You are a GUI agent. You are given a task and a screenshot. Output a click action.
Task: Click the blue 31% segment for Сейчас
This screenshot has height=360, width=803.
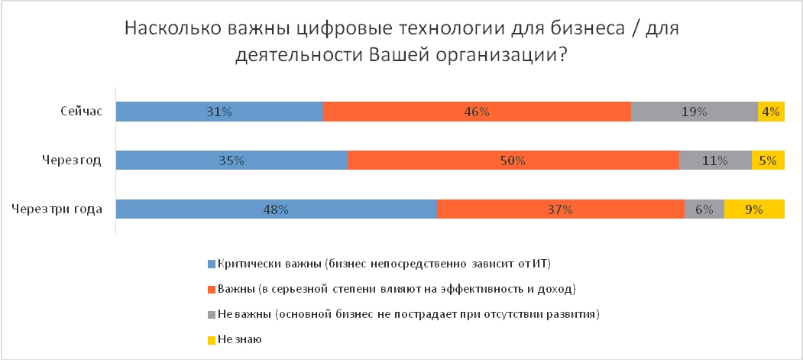[219, 112]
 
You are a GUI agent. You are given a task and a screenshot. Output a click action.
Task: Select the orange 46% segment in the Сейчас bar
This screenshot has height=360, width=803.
[477, 112]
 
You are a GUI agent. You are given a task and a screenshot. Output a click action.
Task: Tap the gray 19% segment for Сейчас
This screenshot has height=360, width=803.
[694, 112]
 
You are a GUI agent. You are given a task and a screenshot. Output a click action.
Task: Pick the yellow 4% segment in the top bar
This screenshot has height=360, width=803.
[771, 112]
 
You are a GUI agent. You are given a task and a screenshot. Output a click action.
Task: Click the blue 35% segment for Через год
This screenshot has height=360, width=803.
[232, 161]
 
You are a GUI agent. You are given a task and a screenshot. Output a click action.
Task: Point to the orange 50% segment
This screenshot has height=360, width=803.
[513, 161]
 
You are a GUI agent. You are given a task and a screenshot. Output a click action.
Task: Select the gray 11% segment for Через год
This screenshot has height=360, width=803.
[715, 161]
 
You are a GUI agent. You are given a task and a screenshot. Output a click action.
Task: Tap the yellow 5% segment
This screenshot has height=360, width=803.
[768, 161]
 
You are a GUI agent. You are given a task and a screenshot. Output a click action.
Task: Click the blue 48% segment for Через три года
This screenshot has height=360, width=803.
[276, 209]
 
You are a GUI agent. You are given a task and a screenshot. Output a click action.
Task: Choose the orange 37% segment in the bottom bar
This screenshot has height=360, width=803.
[560, 209]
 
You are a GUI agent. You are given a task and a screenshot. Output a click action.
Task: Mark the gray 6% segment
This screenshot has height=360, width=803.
[704, 209]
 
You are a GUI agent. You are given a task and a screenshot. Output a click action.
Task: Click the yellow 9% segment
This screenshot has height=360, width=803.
[754, 209]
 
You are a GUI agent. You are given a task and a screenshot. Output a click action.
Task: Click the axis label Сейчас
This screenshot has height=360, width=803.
[82, 112]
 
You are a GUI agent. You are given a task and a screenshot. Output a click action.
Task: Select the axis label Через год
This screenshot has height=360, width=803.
[73, 161]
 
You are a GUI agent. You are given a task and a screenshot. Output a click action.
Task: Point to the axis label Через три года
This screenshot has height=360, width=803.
[58, 209]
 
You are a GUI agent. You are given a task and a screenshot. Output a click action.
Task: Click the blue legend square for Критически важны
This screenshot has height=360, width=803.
[212, 264]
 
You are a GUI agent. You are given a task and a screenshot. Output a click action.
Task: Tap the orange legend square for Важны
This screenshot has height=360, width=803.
[212, 290]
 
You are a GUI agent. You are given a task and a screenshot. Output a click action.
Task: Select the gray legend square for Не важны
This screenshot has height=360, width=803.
[212, 314]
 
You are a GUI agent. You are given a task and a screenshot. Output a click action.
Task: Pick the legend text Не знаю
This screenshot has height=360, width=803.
[239, 339]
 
